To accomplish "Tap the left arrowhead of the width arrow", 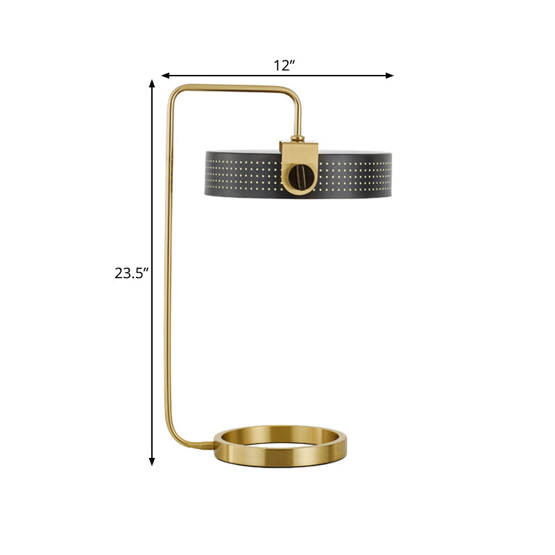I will [x=166, y=75].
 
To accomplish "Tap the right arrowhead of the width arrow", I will [x=390, y=75].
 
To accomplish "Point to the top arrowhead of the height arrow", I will [x=152, y=84].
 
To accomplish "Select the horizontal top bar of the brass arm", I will [x=236, y=86].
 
